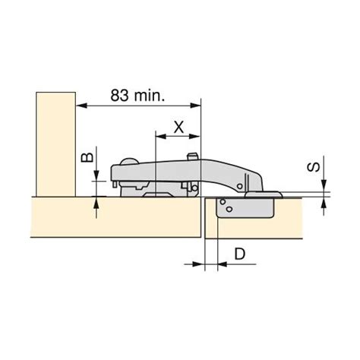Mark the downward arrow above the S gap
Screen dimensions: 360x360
[x=326, y=190]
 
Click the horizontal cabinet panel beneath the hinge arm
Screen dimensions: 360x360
[x=114, y=216]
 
